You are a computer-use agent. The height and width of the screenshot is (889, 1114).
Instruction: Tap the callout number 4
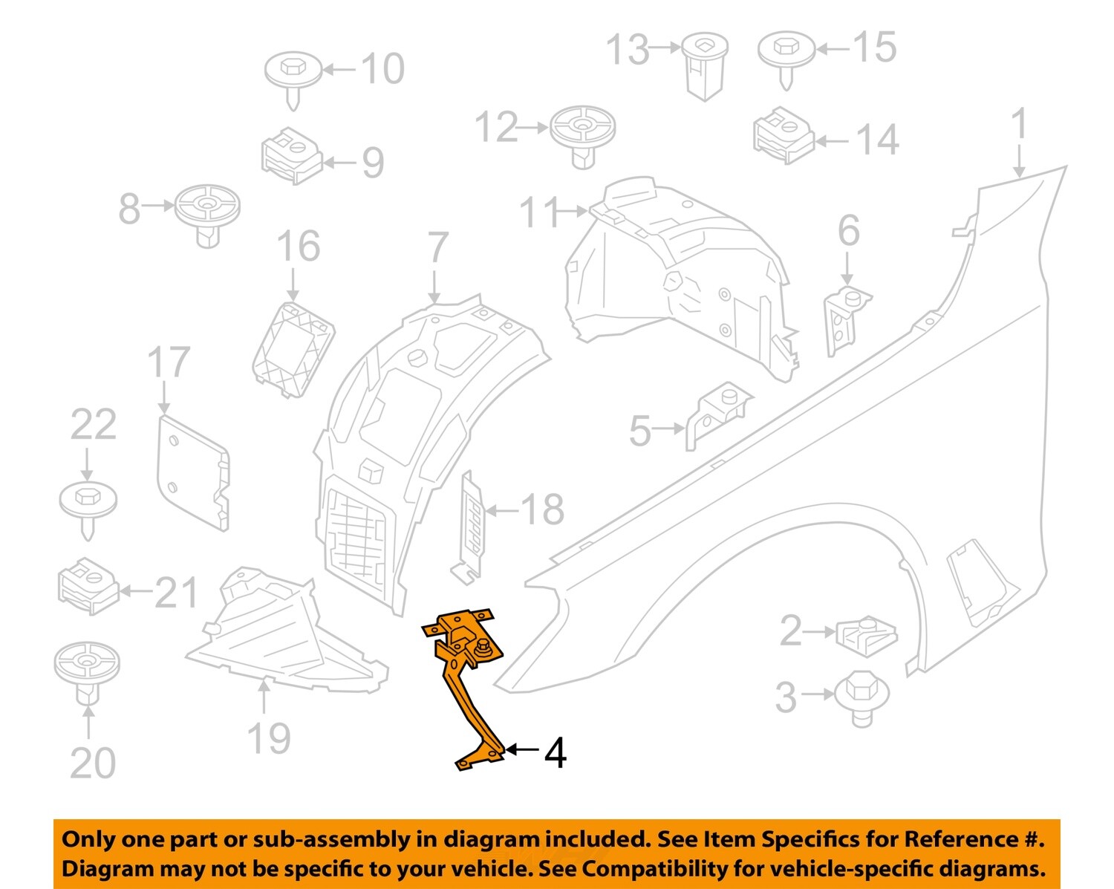556,752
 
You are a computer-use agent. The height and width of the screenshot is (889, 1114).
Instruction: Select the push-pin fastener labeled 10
293,74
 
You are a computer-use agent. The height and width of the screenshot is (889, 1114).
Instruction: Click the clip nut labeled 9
291,154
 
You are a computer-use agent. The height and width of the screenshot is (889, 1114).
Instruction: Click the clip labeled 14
784,135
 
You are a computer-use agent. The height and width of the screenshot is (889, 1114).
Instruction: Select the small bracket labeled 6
846,319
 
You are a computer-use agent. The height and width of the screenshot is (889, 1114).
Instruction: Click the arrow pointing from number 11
573,212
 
